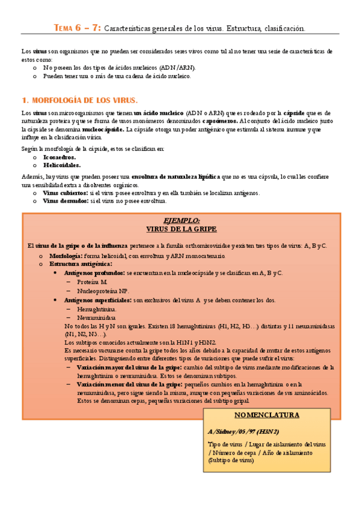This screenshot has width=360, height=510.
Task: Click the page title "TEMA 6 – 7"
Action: point(78,28)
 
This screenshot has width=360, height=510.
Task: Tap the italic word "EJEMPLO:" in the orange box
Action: point(181,221)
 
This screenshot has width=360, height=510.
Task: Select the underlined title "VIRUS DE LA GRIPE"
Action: point(181,229)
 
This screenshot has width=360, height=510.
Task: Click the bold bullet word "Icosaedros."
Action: point(59,157)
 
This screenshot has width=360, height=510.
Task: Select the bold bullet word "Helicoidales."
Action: point(62,165)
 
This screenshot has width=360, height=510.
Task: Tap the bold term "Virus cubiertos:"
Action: point(65,193)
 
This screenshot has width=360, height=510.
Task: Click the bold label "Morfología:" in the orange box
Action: point(66,256)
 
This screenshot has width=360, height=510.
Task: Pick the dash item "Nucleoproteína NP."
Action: point(103,290)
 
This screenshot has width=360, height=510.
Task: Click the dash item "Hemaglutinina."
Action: point(96,309)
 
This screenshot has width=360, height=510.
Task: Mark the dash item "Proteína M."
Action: point(92,281)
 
